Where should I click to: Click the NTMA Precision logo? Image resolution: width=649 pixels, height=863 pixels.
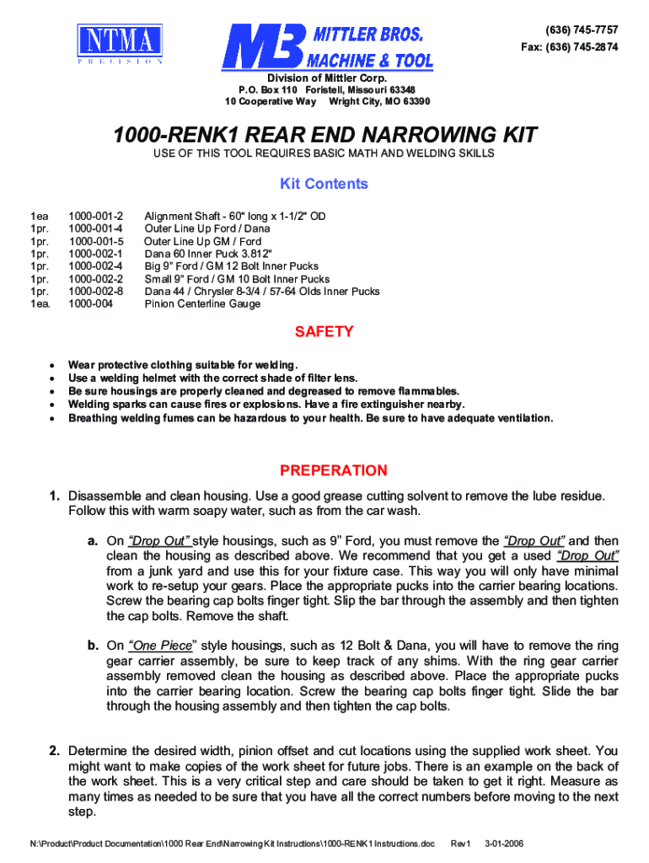pyautogui.click(x=121, y=44)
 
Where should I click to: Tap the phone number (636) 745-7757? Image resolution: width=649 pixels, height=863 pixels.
pyautogui.click(x=582, y=29)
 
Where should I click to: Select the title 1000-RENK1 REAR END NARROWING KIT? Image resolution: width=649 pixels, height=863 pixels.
pyautogui.click(x=324, y=135)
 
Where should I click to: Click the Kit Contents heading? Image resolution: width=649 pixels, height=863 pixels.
pyautogui.click(x=324, y=184)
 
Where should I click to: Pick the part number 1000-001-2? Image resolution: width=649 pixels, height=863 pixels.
pyautogui.click(x=96, y=216)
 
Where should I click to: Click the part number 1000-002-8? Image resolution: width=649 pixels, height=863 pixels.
pyautogui.click(x=96, y=292)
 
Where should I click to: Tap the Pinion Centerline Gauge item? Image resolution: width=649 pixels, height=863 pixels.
pyautogui.click(x=203, y=304)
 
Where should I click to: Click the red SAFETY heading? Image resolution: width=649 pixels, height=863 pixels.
pyautogui.click(x=324, y=331)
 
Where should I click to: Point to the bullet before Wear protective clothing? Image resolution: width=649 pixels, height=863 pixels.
pyautogui.click(x=52, y=365)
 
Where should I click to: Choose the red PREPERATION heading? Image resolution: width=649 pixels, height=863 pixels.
pyautogui.click(x=334, y=470)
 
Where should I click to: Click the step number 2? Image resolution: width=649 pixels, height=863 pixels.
pyautogui.click(x=53, y=750)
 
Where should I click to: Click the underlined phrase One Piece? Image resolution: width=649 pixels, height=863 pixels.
pyautogui.click(x=160, y=646)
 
